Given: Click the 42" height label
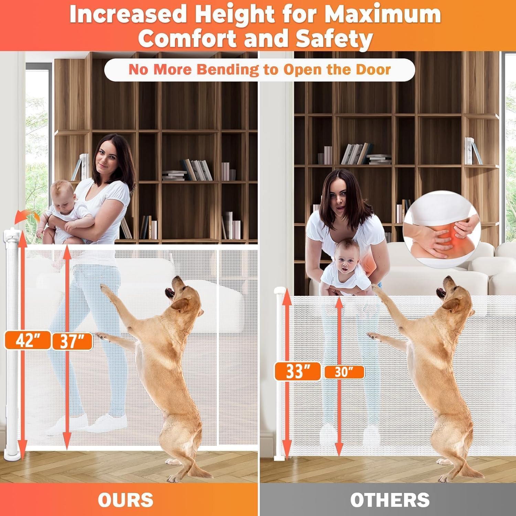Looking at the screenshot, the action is pyautogui.click(x=28, y=341).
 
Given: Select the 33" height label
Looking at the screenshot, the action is pyautogui.click(x=298, y=372).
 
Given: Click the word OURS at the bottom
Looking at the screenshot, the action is pyautogui.click(x=126, y=500).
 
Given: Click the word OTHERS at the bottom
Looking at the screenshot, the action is pyautogui.click(x=390, y=500).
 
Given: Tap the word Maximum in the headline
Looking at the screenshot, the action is pyautogui.click(x=383, y=14).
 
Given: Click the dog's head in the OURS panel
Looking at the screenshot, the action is pyautogui.click(x=184, y=292).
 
